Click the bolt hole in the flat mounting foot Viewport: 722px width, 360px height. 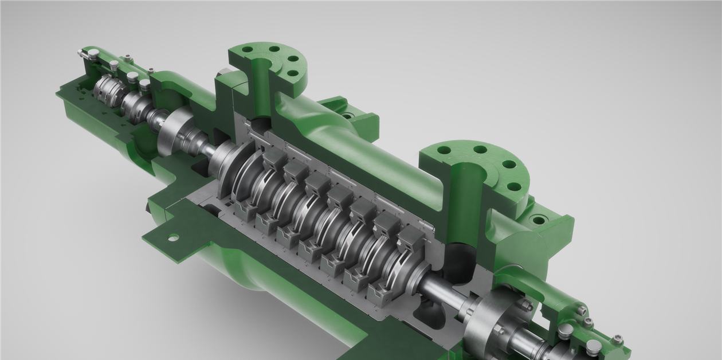coord(172,237)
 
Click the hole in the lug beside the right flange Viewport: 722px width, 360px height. coord(537,220)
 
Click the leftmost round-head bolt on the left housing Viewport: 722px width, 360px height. coord(93,54)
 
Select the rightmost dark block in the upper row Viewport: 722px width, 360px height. coord(411,238)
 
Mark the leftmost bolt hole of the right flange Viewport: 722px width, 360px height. coord(444,150)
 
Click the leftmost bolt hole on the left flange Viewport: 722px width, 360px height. coord(247,50)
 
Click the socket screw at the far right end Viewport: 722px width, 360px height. coord(617,340)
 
